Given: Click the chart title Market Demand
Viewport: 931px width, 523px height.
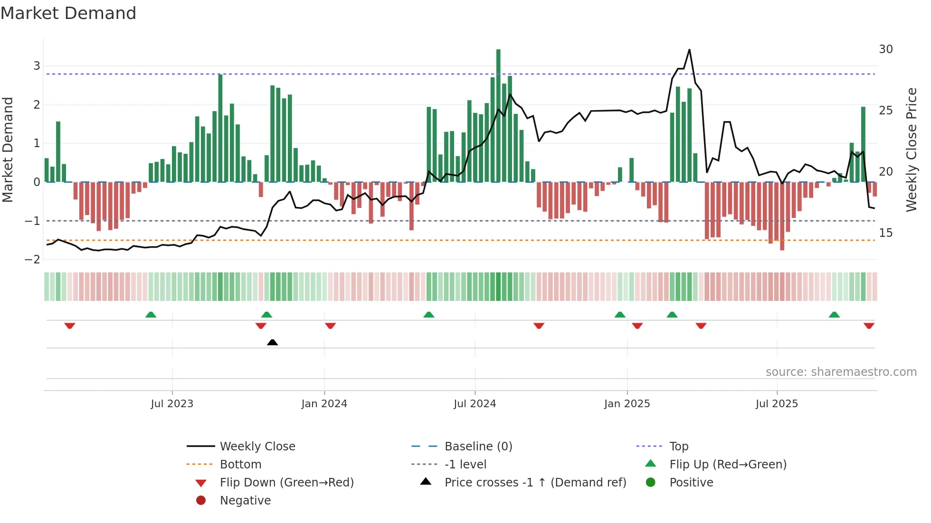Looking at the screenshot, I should [68, 13].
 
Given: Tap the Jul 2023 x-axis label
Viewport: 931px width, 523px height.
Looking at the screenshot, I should [172, 404].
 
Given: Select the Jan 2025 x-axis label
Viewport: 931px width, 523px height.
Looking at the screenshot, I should [627, 404].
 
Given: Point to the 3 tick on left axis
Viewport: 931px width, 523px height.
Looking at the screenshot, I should [37, 66].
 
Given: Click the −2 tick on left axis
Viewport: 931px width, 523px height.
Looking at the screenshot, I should [33, 260].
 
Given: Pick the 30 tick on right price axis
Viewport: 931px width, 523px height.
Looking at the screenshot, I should [886, 49].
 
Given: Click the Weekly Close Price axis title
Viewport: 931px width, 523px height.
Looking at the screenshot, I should [912, 149].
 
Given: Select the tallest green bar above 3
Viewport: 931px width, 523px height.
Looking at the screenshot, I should [498, 114].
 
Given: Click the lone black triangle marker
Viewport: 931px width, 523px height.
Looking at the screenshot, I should [272, 342].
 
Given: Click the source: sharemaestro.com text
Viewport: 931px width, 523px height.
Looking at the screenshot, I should [841, 372].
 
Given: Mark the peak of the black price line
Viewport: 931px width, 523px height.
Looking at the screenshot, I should [689, 50].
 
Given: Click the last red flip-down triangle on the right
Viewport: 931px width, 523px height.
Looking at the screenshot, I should [869, 326].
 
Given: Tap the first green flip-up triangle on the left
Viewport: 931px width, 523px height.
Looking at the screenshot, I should [151, 315].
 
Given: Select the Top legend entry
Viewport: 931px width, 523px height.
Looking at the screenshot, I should [678, 447].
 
